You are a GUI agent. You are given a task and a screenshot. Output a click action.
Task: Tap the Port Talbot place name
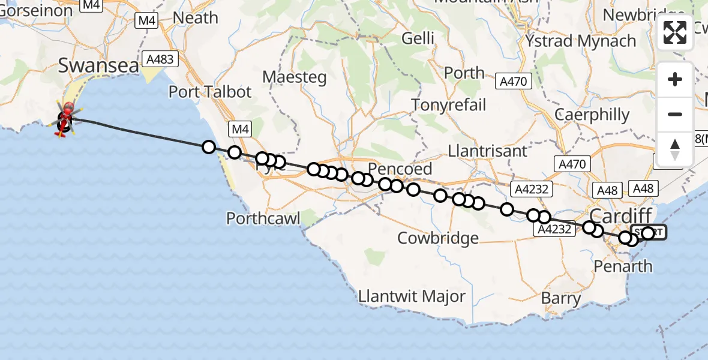click(x=210, y=92)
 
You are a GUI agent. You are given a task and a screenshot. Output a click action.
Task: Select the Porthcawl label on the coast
click(x=263, y=218)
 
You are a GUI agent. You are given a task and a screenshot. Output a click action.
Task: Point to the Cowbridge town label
click(x=438, y=238)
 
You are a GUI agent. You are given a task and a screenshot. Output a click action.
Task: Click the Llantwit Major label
click(x=412, y=296)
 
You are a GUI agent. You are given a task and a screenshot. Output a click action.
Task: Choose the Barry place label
click(x=561, y=298)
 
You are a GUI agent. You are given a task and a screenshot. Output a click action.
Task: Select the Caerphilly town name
click(x=592, y=115)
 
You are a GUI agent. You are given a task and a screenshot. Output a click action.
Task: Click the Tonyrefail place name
click(x=449, y=105)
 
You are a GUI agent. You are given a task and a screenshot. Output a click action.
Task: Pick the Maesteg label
click(x=295, y=77)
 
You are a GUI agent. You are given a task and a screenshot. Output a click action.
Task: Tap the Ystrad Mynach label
click(x=581, y=41)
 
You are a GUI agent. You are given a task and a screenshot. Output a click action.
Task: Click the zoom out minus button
click(x=675, y=114)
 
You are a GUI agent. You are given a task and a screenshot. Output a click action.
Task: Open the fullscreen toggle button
click(x=675, y=32)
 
